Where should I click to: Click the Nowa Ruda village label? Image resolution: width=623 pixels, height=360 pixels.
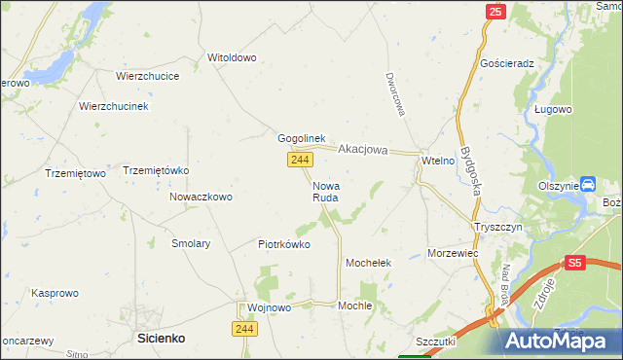point(325,190)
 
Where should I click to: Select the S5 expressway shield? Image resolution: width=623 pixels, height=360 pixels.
point(574,262)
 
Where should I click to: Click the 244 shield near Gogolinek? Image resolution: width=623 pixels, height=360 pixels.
point(299,159)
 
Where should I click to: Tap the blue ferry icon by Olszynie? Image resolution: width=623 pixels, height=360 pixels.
point(588,184)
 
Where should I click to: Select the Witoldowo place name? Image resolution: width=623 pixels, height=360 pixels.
point(232,57)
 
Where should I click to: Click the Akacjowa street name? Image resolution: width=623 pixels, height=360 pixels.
point(363,150)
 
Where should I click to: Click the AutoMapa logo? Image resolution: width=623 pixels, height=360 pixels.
point(561,341)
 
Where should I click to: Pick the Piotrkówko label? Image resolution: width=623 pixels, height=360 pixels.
point(284,244)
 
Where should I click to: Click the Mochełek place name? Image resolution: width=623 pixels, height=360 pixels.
point(369,263)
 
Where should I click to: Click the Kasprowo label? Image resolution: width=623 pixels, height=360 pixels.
point(55,292)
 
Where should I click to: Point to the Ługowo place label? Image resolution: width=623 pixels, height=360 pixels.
point(552,109)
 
